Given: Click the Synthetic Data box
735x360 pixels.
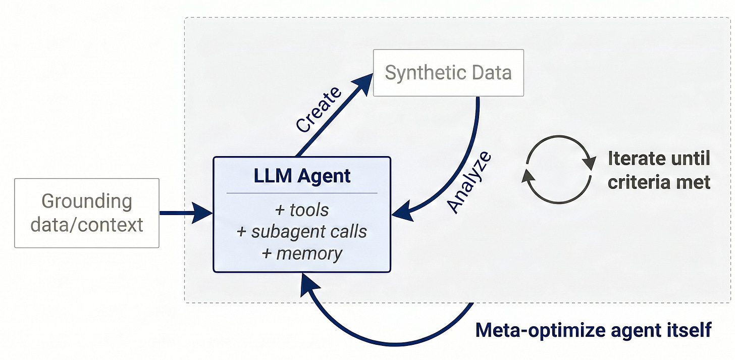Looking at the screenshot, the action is [448, 73].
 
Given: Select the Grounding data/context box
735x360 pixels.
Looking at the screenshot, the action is [87, 213].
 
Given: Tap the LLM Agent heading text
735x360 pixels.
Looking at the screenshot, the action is [302, 176].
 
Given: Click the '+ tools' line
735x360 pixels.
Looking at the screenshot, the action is [302, 210].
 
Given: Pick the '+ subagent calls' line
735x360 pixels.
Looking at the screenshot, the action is [302, 231].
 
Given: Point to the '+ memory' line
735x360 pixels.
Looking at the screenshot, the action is [302, 253].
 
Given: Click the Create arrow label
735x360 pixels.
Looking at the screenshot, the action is [318, 110].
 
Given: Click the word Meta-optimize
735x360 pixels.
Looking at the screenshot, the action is [541, 330].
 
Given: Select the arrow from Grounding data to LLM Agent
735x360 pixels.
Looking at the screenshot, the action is [186, 213].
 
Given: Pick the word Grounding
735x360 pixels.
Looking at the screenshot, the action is [87, 201].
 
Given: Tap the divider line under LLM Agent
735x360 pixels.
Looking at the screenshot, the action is [302, 193].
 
